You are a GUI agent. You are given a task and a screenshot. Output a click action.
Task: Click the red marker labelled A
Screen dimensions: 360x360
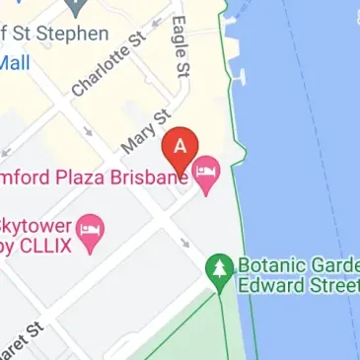[x=180, y=149]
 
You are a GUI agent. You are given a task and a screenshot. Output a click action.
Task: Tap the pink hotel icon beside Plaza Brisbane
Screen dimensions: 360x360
[x=206, y=175]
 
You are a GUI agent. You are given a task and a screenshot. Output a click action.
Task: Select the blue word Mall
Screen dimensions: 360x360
[x=15, y=62]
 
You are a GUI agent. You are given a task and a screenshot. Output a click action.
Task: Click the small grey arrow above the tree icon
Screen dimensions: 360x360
[x=184, y=241]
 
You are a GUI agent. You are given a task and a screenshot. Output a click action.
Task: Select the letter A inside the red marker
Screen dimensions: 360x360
[x=180, y=144]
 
